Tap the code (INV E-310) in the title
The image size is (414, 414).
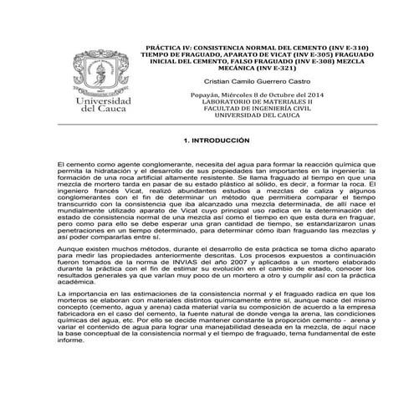(347, 49)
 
